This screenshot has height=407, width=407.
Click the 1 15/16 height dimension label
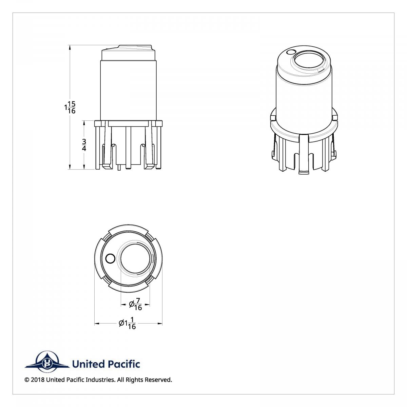point(70,108)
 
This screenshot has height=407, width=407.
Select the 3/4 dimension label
point(84,145)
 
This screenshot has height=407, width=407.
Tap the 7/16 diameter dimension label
point(136,304)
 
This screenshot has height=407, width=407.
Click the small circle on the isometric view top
point(290,52)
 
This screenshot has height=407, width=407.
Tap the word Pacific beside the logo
point(124,364)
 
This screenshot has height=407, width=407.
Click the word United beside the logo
point(89,364)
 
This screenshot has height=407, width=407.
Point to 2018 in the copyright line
point(37,380)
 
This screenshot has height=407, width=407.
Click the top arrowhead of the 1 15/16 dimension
point(70,47)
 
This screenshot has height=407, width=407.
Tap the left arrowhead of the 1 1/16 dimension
point(96,324)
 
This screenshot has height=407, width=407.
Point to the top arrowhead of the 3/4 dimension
point(84,122)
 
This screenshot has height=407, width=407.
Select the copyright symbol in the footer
point(27,380)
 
